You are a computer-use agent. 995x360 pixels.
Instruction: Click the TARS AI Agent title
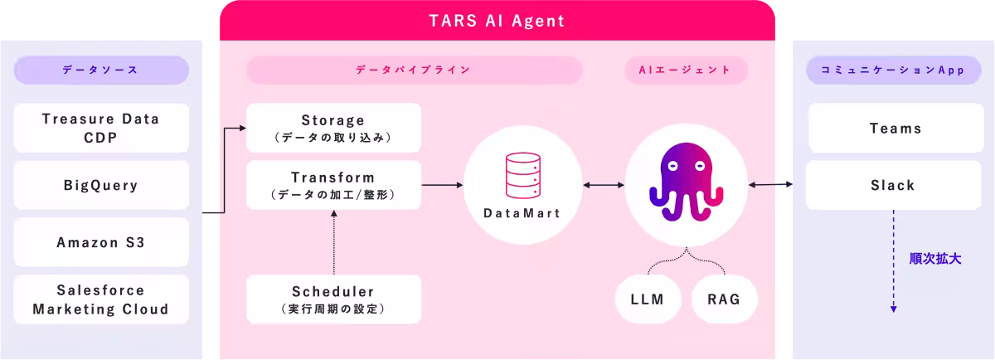click(497, 20)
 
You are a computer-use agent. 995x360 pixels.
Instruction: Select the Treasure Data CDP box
click(100, 128)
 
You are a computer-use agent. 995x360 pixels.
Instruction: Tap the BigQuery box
click(100, 185)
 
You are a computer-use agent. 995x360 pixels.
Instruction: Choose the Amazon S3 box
click(100, 242)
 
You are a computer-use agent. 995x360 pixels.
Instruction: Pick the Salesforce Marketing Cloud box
click(100, 299)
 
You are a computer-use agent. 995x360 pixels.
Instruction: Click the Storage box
click(333, 128)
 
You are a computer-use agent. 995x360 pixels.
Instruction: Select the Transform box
click(333, 185)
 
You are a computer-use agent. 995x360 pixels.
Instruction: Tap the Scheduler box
click(333, 299)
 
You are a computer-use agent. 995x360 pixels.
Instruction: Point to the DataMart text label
click(522, 213)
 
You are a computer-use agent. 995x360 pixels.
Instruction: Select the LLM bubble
click(647, 299)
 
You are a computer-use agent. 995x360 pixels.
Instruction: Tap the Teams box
click(895, 128)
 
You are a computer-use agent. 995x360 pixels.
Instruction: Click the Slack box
click(892, 185)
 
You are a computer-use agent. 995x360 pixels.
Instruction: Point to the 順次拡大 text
click(935, 258)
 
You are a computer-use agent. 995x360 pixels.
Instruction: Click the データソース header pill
click(100, 70)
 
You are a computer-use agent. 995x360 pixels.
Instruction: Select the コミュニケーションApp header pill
click(892, 70)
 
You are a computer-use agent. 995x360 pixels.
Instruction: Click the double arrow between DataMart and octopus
click(604, 185)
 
